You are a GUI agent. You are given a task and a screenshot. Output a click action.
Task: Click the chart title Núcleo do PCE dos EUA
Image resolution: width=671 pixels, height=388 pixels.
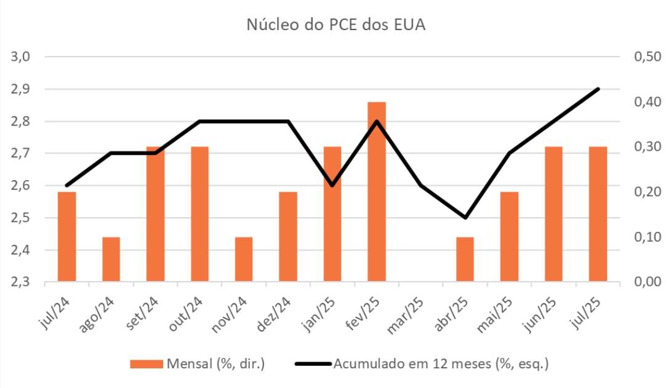[x=336, y=25]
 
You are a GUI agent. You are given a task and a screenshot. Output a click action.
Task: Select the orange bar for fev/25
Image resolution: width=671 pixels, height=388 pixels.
[x=377, y=192]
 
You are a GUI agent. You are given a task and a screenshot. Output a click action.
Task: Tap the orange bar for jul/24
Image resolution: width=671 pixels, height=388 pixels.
[x=66, y=237]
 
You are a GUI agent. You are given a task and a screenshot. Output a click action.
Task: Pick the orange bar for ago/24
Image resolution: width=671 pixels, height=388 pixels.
[x=111, y=259]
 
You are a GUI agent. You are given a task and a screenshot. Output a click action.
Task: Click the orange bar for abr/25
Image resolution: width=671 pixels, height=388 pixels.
[x=465, y=259]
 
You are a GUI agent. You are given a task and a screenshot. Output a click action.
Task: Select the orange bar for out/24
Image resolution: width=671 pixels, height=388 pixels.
[x=199, y=214]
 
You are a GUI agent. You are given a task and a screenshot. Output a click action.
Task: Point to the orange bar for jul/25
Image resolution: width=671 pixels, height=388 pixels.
[x=598, y=214]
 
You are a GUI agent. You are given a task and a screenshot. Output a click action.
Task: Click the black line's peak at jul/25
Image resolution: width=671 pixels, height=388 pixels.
[x=598, y=89]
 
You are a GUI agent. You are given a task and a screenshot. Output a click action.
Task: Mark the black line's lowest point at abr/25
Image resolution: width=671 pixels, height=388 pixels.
[x=465, y=218]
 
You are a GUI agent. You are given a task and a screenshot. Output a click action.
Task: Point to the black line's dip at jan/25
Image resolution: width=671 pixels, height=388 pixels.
[x=332, y=185]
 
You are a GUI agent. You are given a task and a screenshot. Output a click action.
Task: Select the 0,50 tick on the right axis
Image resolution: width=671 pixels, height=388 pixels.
[x=646, y=57]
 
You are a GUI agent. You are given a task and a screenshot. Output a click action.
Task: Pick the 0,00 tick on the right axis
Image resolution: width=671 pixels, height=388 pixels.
[x=646, y=282]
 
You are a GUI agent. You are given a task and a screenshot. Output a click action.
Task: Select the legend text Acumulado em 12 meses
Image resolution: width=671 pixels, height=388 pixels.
[x=441, y=364]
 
